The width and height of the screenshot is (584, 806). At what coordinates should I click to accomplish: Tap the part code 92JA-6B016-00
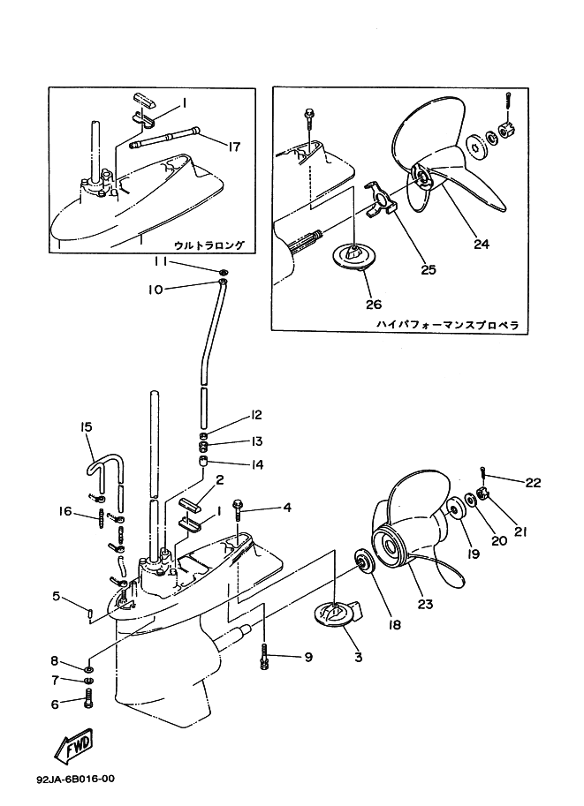[76, 780]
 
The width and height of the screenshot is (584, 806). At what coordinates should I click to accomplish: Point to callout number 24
[481, 245]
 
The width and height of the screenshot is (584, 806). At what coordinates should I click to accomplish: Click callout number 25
[429, 270]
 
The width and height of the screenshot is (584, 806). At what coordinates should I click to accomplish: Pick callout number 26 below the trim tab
[373, 305]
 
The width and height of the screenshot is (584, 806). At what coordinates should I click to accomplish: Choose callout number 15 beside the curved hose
[87, 426]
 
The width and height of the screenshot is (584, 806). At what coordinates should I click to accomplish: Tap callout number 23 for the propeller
[426, 605]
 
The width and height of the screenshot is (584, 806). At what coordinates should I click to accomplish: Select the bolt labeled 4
[240, 508]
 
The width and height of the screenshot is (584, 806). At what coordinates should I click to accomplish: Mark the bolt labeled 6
[87, 704]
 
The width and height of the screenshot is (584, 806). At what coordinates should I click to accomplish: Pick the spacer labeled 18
[362, 561]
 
